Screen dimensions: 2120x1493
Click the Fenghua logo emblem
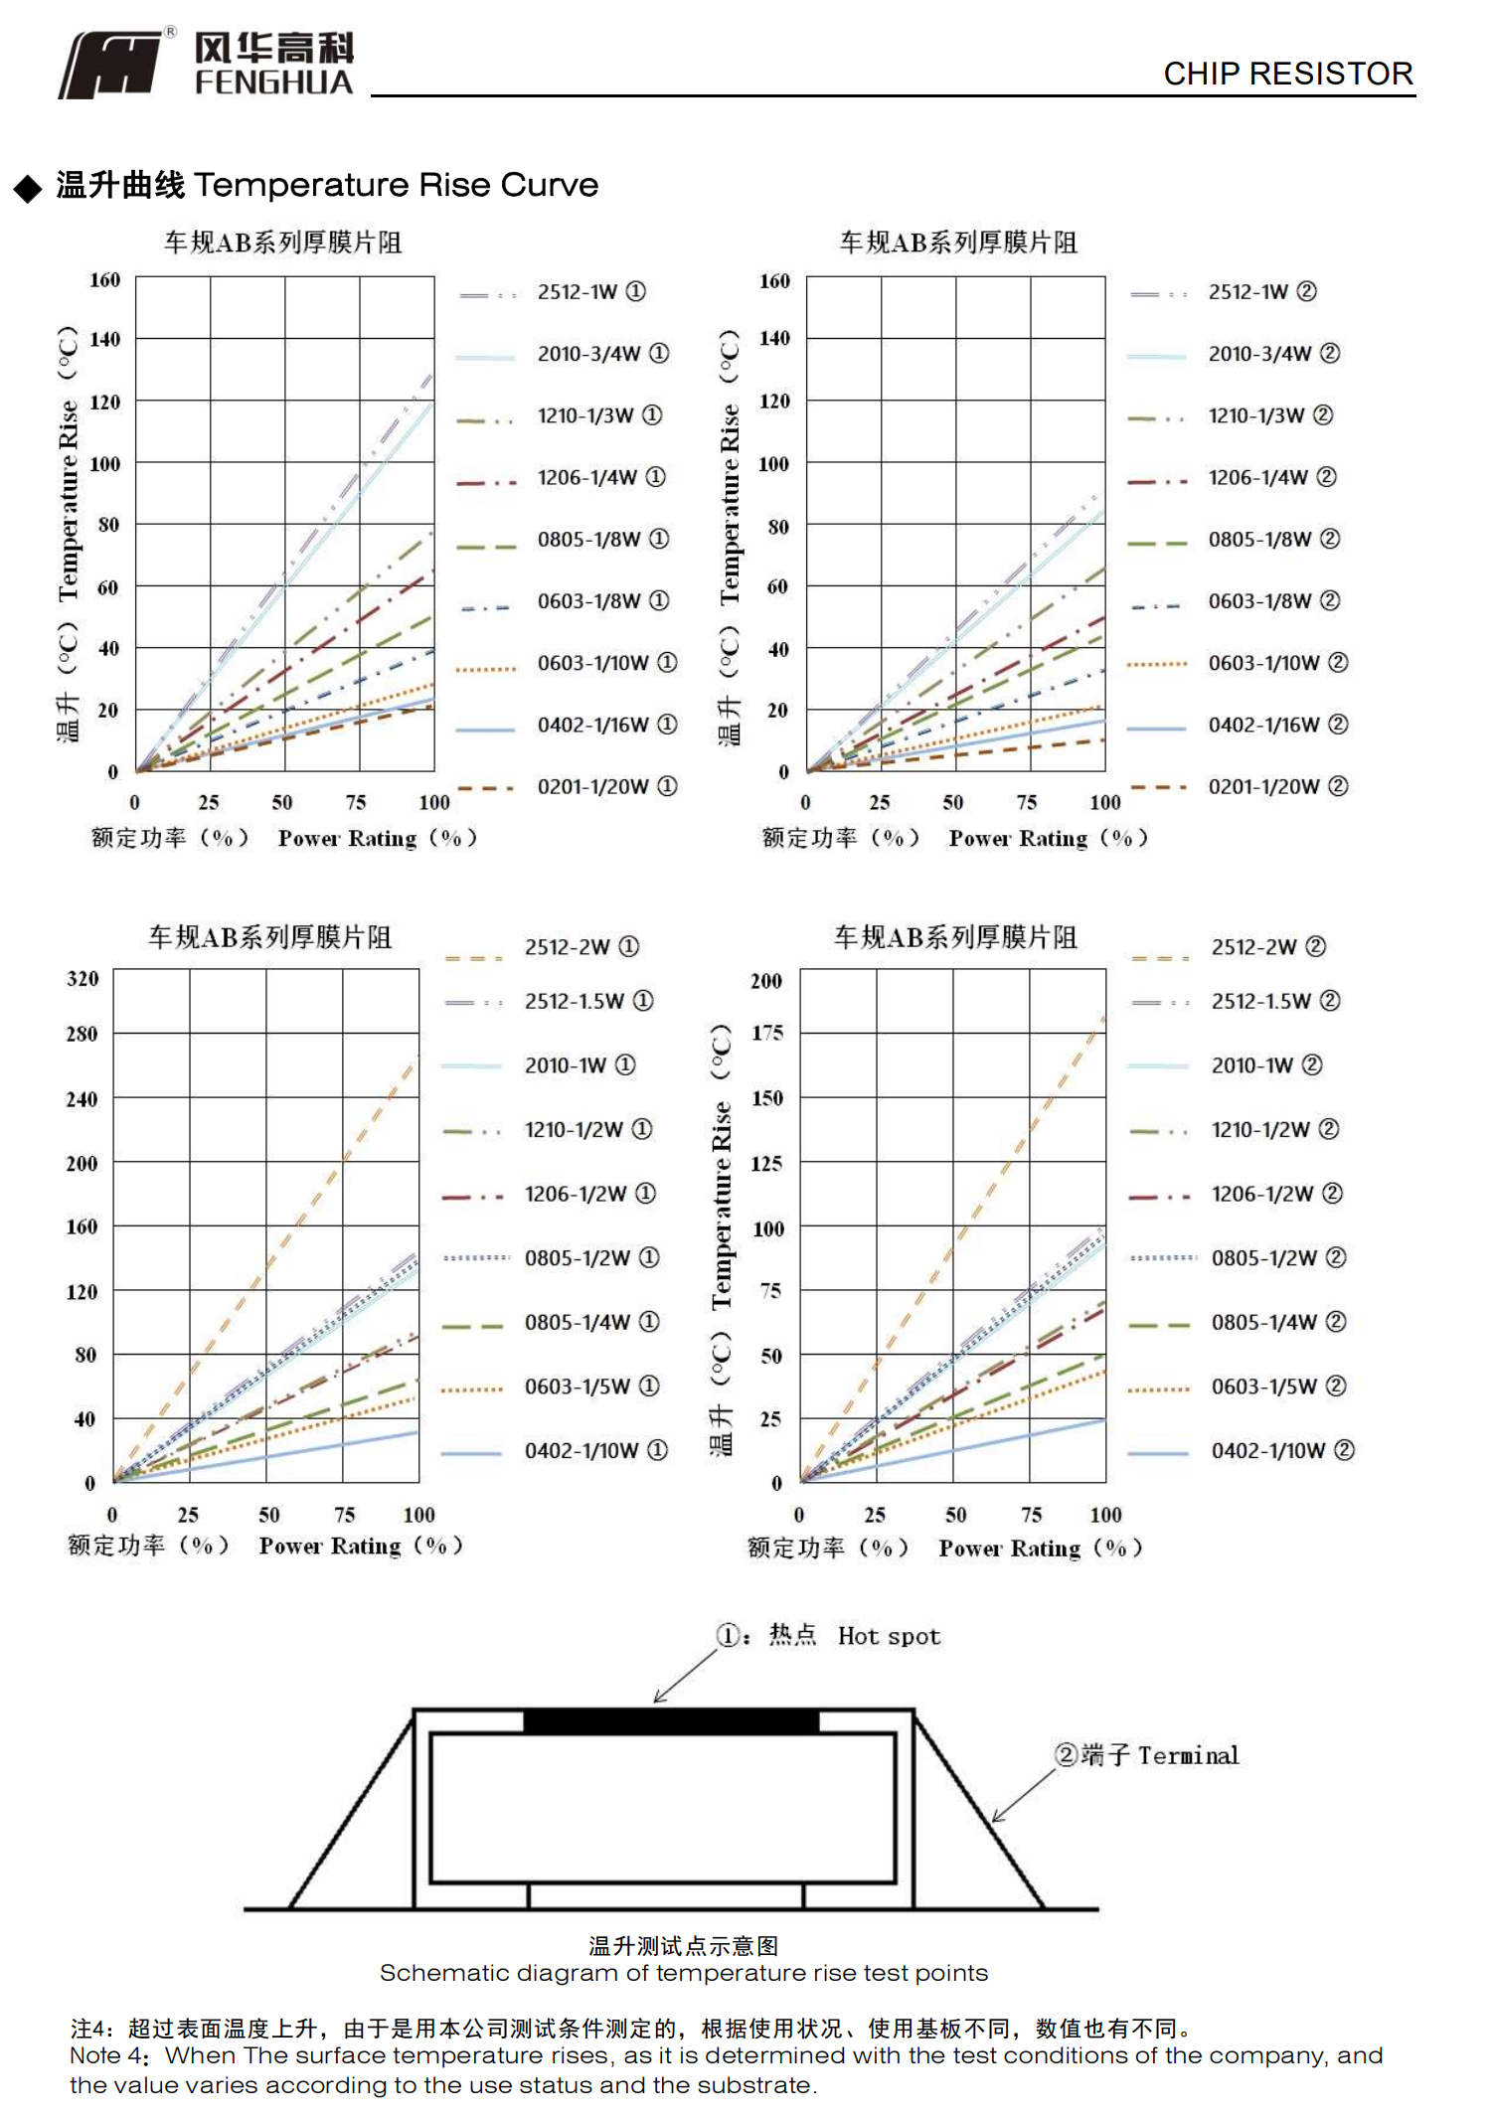[x=111, y=65]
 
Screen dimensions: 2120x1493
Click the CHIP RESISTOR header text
[x=1287, y=74]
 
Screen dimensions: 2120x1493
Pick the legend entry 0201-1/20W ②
[x=1277, y=786]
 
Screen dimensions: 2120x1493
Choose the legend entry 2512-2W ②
[x=1267, y=947]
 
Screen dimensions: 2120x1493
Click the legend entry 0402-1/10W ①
[x=595, y=1451]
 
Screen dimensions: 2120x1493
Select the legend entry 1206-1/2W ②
[x=1275, y=1194]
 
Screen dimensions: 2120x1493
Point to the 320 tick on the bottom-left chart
[x=83, y=979]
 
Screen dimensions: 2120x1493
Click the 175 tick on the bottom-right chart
[x=766, y=1034]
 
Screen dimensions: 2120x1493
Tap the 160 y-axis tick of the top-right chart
[x=774, y=281]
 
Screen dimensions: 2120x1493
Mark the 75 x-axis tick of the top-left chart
[x=356, y=803]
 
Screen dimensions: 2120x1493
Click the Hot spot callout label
[x=888, y=1637]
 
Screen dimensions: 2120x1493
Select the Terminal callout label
[x=1188, y=1756]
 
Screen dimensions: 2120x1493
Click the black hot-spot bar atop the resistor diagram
[x=671, y=1721]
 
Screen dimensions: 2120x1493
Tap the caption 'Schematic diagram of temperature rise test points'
[x=683, y=1974]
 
